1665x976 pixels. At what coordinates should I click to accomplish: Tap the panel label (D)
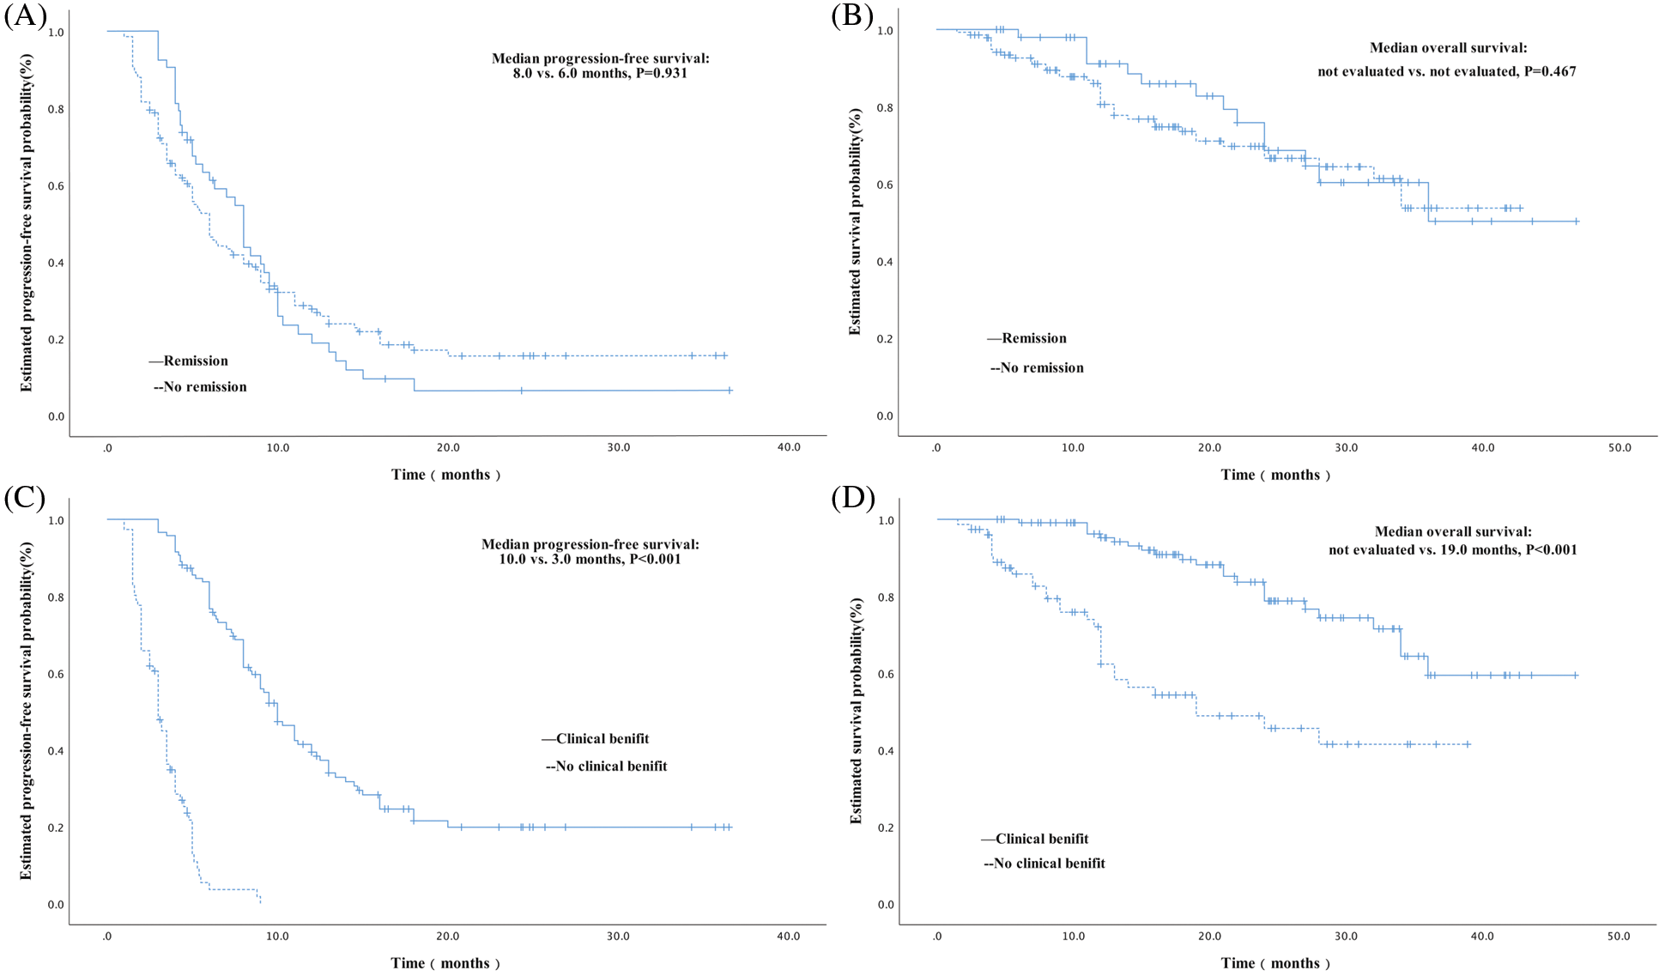point(852,498)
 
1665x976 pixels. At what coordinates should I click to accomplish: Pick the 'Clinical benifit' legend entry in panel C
point(602,739)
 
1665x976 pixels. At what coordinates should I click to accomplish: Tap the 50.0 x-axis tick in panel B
point(1619,448)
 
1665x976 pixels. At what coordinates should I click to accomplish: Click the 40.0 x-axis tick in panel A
point(788,448)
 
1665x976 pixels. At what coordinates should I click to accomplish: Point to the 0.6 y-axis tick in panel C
point(56,675)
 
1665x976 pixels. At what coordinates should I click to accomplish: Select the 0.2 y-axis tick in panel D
point(886,828)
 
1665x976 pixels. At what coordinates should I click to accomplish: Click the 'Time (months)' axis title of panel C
point(445,963)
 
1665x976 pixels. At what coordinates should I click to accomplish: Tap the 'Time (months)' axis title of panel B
point(1275,476)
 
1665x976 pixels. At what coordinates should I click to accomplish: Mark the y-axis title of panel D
point(857,711)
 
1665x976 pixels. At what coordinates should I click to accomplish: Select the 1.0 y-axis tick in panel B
point(886,31)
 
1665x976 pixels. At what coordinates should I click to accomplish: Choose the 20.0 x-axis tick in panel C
point(447,937)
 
